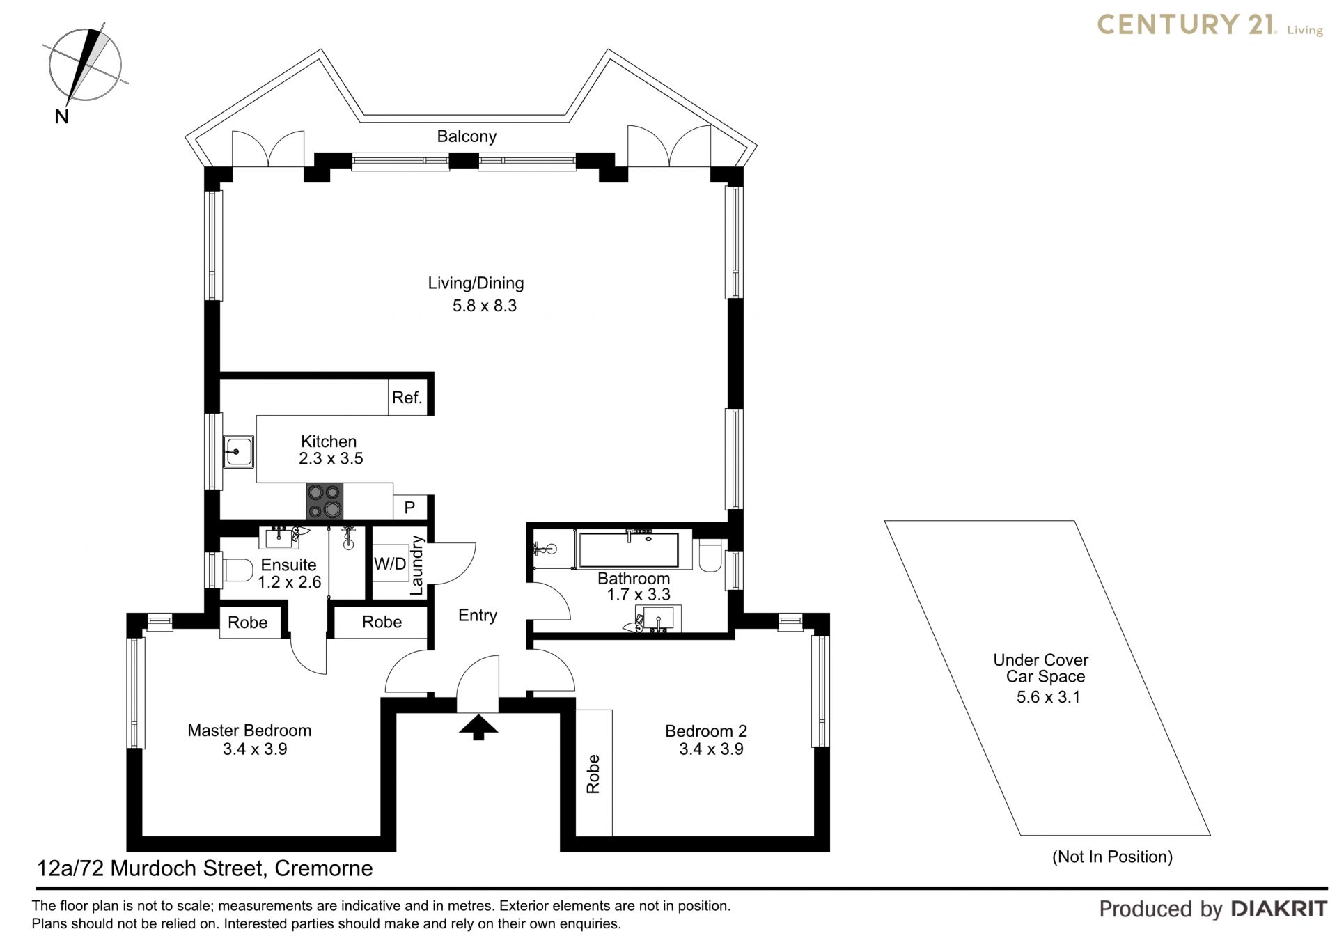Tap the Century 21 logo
click(1210, 25)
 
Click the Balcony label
click(467, 136)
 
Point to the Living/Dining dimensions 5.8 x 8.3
click(485, 306)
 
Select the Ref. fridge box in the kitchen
click(407, 398)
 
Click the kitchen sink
click(238, 451)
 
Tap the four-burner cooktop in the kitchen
click(325, 501)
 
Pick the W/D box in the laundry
click(390, 564)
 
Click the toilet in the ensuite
click(237, 570)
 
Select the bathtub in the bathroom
click(629, 550)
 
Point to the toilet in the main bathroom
click(710, 555)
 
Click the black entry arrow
click(478, 728)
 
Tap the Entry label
click(478, 616)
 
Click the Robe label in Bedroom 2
click(593, 774)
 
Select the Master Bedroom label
click(249, 731)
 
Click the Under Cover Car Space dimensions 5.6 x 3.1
click(1048, 697)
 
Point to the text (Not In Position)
click(1112, 857)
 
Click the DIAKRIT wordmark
click(1279, 908)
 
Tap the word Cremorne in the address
click(324, 868)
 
